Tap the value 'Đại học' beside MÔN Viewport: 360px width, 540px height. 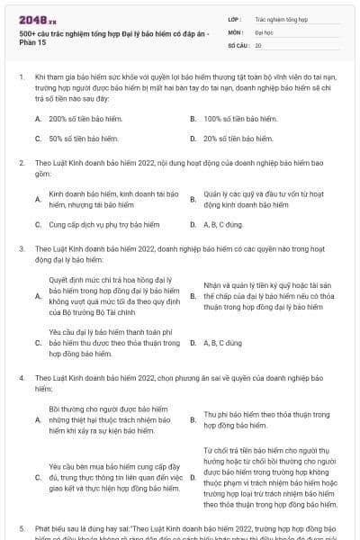coord(265,31)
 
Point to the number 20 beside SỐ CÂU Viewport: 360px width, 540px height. coord(258,44)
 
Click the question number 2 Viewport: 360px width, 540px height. coord(22,164)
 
